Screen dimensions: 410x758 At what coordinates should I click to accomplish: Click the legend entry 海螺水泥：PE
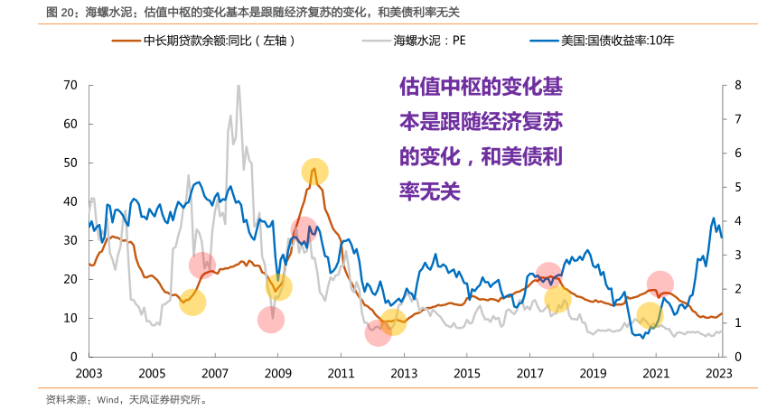click(x=429, y=42)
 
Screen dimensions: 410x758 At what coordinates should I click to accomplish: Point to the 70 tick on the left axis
click(x=71, y=85)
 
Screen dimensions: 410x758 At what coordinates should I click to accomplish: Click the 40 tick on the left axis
click(x=71, y=201)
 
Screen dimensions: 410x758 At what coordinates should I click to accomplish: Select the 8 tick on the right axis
click(x=738, y=85)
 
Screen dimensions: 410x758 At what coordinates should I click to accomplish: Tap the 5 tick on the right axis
click(x=738, y=187)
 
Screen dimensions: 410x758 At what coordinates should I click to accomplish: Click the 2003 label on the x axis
click(x=89, y=373)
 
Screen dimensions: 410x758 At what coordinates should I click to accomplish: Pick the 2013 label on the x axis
click(x=404, y=373)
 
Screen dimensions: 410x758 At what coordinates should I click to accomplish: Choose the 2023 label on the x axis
click(x=718, y=373)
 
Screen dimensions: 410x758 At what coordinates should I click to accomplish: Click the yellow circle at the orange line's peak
click(x=314, y=172)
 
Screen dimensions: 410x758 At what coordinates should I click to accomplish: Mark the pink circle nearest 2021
click(x=660, y=284)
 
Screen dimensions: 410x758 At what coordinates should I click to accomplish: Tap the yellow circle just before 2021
click(x=650, y=315)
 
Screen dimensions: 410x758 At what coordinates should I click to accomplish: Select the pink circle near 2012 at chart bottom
click(x=379, y=333)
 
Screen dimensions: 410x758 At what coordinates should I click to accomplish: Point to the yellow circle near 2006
click(x=192, y=303)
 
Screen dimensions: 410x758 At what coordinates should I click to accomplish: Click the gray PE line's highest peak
click(x=238, y=87)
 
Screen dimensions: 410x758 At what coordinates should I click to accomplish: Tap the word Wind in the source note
click(x=110, y=398)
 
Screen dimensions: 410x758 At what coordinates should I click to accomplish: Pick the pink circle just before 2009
click(x=270, y=319)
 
